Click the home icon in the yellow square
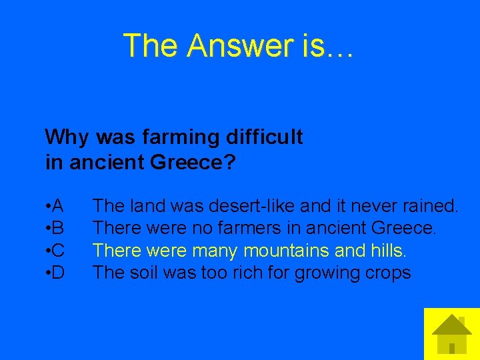(x=451, y=334)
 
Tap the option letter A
(x=57, y=205)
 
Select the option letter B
(x=57, y=228)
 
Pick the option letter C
(x=57, y=251)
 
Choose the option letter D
(x=57, y=273)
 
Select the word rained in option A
(x=426, y=205)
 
